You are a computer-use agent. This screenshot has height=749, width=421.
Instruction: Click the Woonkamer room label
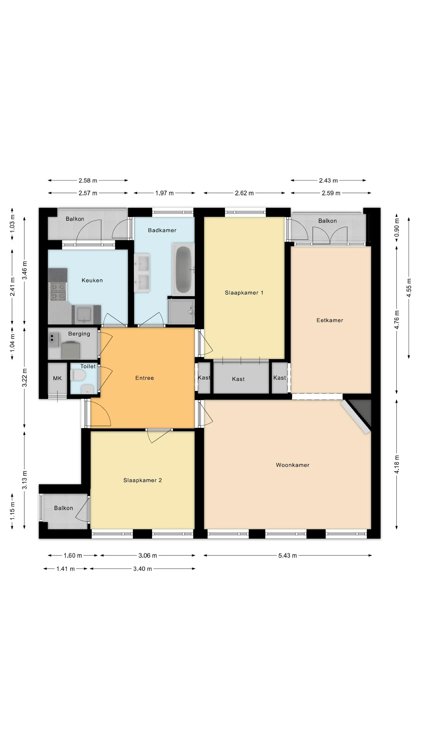point(292,465)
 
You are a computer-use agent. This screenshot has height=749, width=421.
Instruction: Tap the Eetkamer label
point(330,320)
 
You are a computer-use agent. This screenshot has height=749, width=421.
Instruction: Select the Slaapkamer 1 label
point(244,293)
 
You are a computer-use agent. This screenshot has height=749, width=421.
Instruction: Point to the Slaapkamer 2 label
point(142,480)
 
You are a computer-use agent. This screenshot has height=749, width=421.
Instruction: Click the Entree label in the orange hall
point(144,378)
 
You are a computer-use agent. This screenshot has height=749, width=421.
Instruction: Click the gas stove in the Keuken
point(58,292)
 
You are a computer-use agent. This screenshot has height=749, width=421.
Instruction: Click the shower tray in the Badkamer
point(181,312)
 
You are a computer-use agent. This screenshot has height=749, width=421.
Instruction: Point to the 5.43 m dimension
point(287,555)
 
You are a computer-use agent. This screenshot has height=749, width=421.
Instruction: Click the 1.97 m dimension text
point(164,193)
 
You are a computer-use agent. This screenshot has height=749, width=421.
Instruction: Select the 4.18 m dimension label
point(397,464)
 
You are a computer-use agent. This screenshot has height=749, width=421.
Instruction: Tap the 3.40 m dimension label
point(142,568)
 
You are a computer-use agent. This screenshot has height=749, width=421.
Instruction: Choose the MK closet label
point(57,378)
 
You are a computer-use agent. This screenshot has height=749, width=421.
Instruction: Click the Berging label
point(79,334)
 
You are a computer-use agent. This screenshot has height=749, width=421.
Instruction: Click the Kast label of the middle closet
point(238,379)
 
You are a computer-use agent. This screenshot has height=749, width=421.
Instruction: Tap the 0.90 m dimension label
point(397,227)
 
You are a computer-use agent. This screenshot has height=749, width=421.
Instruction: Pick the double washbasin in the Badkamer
point(142,273)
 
